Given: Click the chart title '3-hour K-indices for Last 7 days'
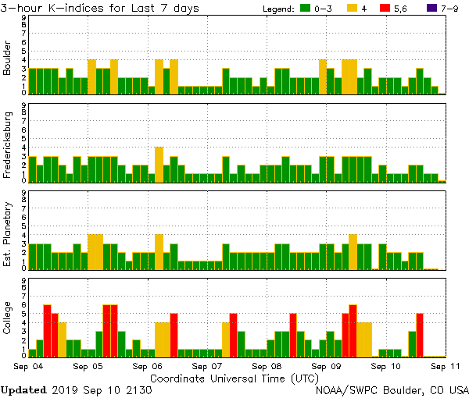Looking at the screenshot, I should (x=99, y=8).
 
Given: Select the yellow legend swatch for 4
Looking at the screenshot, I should (x=353, y=9).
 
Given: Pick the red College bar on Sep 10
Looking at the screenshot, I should (x=420, y=335).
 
